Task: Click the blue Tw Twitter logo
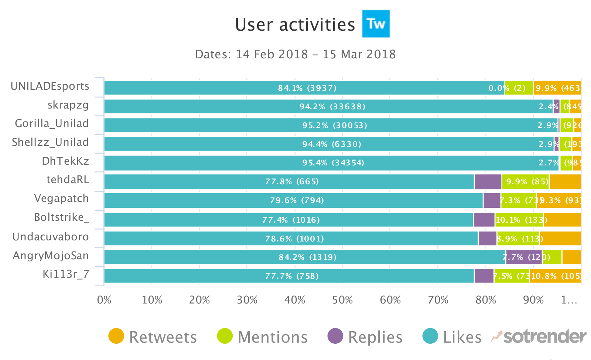click(x=376, y=24)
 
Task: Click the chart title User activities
click(x=295, y=25)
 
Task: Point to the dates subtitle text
click(x=295, y=54)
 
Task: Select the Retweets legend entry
click(x=153, y=336)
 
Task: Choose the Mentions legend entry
click(x=262, y=336)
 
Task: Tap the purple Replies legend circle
click(x=335, y=336)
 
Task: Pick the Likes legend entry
click(x=452, y=336)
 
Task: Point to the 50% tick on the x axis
click(x=342, y=300)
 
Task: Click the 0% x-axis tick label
click(x=104, y=300)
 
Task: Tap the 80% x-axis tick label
click(x=486, y=300)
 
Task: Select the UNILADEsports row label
click(x=50, y=86)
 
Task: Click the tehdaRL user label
click(x=68, y=179)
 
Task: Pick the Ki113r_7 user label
click(x=66, y=274)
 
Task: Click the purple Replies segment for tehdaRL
click(x=488, y=182)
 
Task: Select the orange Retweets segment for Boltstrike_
click(x=562, y=220)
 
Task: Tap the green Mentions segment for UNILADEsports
click(x=519, y=88)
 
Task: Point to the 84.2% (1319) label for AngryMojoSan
click(x=307, y=257)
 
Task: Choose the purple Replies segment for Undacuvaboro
click(x=487, y=239)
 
